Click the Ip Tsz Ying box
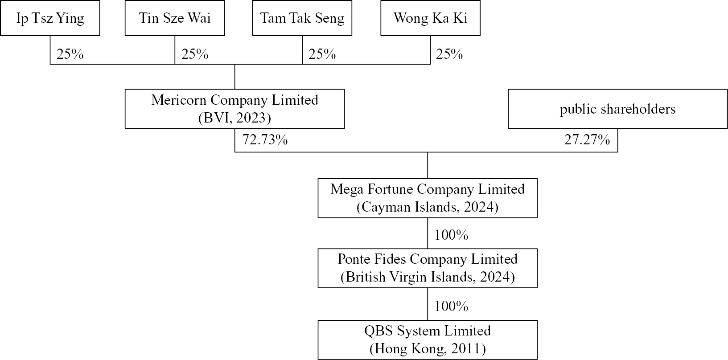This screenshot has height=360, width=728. click(x=50, y=18)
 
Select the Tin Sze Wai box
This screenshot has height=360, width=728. click(x=175, y=18)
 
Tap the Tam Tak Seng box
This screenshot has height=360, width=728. click(x=302, y=18)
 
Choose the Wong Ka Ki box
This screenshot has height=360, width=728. click(x=430, y=18)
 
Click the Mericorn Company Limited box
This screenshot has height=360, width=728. click(x=234, y=109)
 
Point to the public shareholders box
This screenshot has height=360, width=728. click(x=617, y=109)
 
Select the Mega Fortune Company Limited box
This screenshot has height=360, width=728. click(x=428, y=198)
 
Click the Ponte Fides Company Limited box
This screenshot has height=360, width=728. click(x=428, y=268)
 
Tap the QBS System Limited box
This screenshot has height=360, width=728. click(x=428, y=340)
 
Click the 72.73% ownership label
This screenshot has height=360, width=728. click(x=265, y=140)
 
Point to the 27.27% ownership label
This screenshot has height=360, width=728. click(x=587, y=140)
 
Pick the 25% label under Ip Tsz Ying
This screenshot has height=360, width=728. click(x=70, y=54)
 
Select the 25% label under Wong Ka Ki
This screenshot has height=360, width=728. click(x=449, y=54)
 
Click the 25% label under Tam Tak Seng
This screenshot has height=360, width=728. click(x=322, y=54)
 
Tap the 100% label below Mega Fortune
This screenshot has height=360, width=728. click(x=451, y=235)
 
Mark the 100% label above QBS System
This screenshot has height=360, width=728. click(x=451, y=307)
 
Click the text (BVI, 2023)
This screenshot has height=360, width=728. click(x=234, y=118)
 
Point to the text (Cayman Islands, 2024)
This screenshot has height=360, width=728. click(x=428, y=207)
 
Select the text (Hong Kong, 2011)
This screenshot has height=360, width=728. click(x=428, y=349)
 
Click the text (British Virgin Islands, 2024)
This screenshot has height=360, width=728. click(x=428, y=277)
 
